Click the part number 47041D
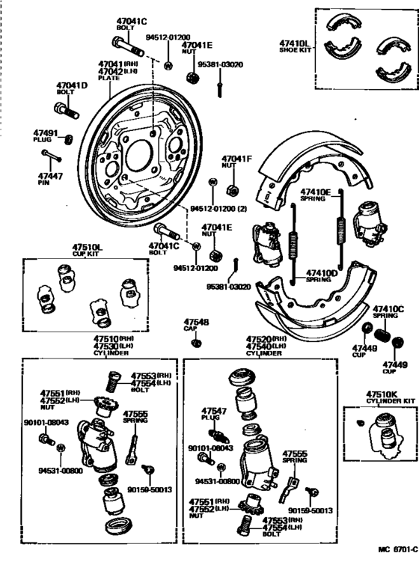[x=71, y=85]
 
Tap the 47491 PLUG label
[x=46, y=136]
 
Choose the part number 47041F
[x=237, y=159]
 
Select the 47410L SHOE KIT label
[x=294, y=47]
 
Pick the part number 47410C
[x=388, y=309]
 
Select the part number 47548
[x=196, y=323]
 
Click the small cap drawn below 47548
[x=196, y=343]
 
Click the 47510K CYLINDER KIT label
[x=383, y=397]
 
